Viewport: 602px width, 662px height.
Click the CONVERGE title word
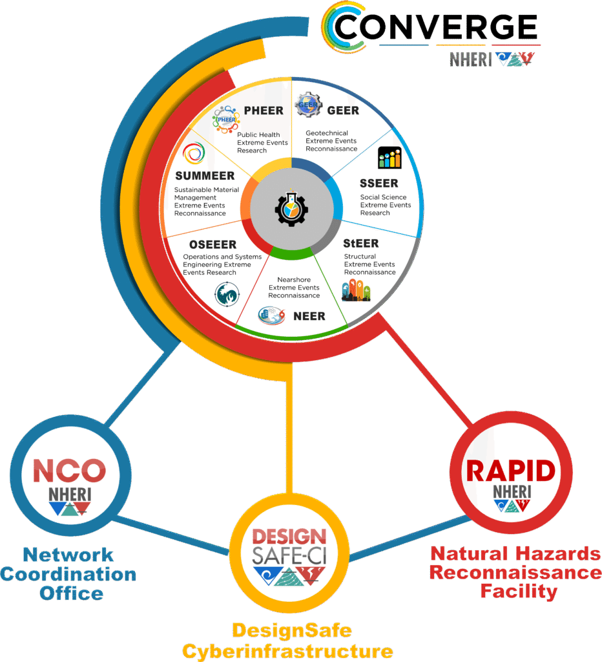(436, 27)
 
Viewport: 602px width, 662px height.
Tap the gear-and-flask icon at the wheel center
(291, 208)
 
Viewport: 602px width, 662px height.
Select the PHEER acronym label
(264, 111)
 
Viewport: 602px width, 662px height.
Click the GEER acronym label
(343, 111)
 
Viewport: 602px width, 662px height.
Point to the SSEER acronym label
(379, 184)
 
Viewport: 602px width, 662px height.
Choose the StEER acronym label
(361, 244)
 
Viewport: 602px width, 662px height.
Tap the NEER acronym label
(309, 317)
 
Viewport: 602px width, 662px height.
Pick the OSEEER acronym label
(213, 245)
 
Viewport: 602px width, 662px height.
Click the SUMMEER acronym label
(205, 176)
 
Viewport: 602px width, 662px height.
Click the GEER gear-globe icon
(308, 105)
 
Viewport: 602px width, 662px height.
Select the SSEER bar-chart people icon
(389, 158)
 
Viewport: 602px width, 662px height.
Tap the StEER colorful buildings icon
(357, 291)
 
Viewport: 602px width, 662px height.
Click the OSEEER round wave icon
(226, 294)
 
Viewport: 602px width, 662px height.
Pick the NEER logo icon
(272, 315)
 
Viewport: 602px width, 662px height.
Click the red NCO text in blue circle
(69, 471)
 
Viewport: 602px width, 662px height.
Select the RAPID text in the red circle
(511, 471)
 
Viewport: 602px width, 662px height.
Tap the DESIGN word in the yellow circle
(289, 537)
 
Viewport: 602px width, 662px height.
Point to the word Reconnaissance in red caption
(515, 572)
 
